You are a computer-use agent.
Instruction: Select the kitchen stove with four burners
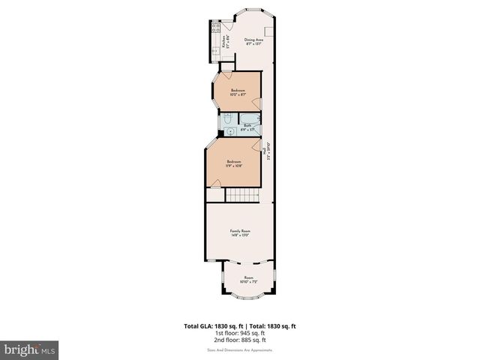tap(215, 29)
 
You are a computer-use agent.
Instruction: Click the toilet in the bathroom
tap(227, 119)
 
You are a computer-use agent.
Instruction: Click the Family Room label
tap(239, 231)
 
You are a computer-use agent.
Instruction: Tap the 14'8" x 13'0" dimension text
tap(239, 235)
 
